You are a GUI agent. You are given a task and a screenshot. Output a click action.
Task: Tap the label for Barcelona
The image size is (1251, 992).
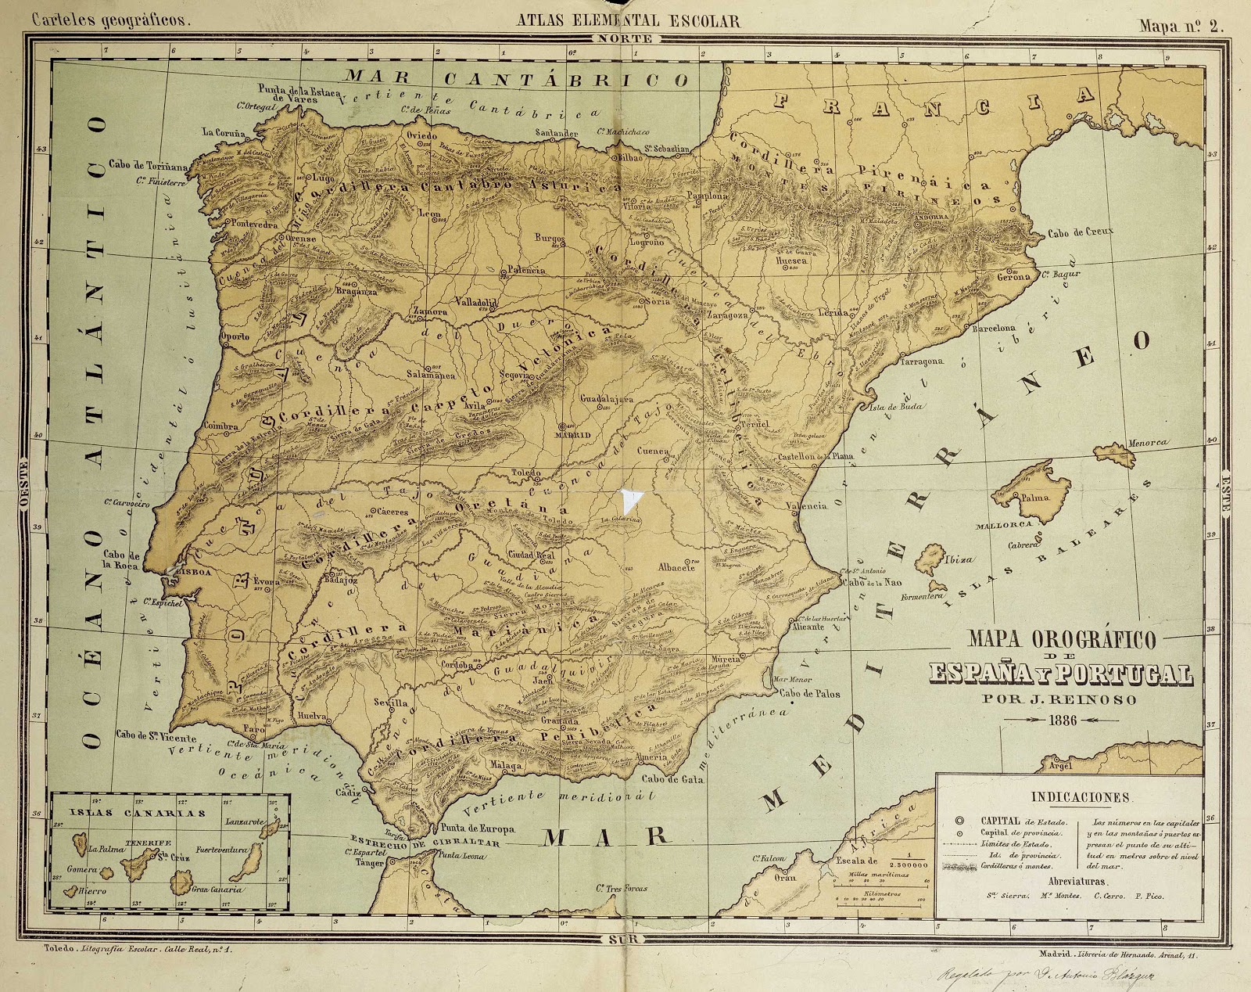coord(993,329)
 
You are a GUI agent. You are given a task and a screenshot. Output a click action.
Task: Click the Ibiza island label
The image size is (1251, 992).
coord(961,559)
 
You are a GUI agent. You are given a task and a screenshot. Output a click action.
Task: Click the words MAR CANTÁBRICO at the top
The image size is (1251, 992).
coord(518,78)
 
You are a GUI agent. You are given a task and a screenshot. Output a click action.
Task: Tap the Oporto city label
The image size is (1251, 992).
coord(235,336)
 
